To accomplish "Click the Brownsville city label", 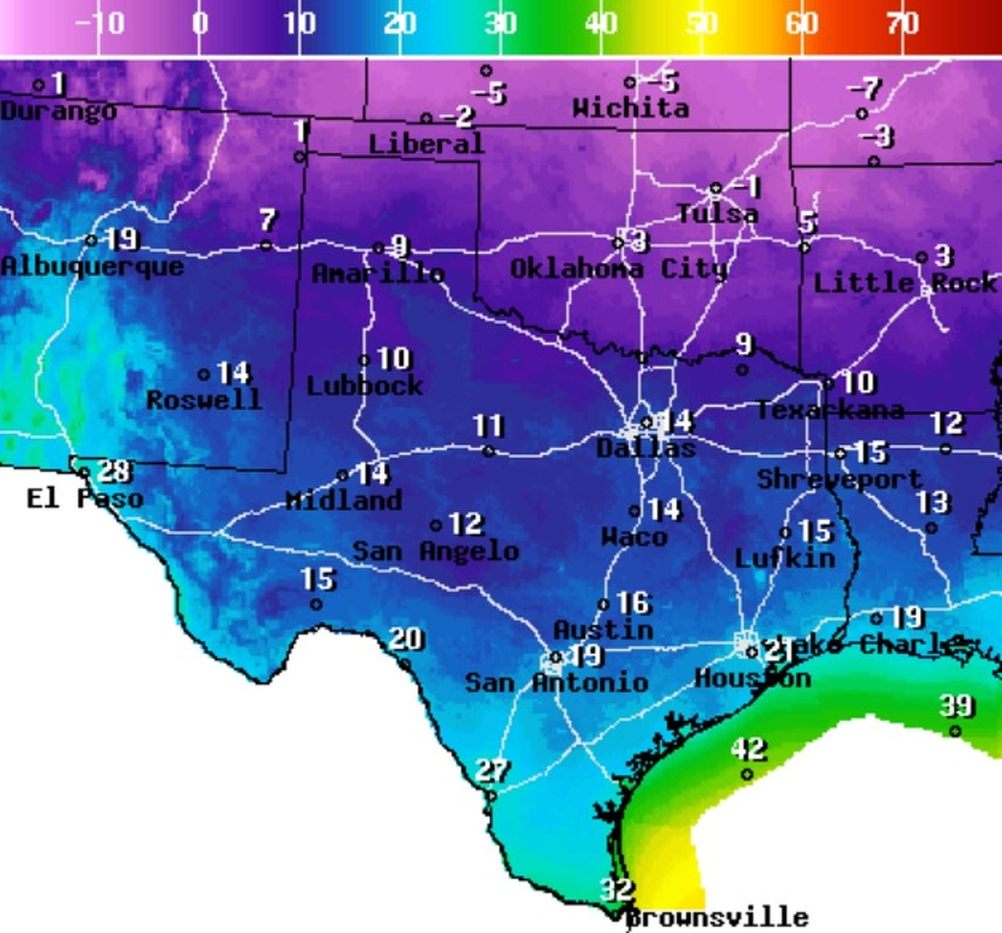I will [x=717, y=918].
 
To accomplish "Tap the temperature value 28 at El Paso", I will [x=115, y=472].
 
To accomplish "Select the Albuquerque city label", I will [x=93, y=267].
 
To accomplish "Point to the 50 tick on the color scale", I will [x=701, y=24].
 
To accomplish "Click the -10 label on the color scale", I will [x=100, y=24].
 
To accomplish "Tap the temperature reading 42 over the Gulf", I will [x=749, y=750].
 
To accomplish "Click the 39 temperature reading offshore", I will [x=956, y=706].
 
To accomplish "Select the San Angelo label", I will [x=435, y=551].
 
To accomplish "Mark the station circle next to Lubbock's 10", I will [x=364, y=360].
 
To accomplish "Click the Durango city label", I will [x=58, y=111].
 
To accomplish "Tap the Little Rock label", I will [x=905, y=283].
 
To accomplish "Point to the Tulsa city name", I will [x=717, y=214].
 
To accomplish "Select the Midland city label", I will [x=344, y=501].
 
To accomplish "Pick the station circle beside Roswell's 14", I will [x=204, y=374].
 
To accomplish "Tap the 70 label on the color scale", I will [x=902, y=24].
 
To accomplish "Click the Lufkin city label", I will [x=785, y=559].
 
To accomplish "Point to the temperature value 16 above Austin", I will [x=634, y=603].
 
